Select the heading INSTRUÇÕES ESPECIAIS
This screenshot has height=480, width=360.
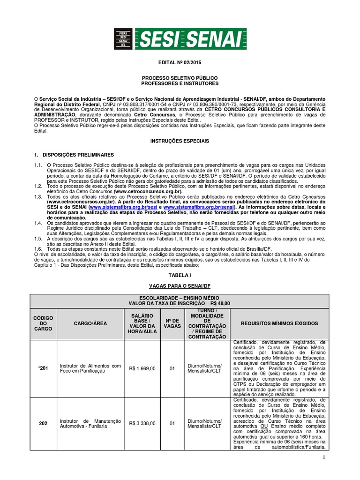pos(180,141)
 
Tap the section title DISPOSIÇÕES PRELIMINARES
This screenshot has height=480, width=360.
pos(77,154)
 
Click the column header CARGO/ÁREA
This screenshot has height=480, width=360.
pos(90,323)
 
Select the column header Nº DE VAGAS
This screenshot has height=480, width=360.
pos(172,323)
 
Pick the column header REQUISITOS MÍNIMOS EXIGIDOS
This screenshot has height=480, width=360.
pos(279,323)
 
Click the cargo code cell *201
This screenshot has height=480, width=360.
pos(43,368)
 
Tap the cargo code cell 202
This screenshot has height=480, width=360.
pos(43,423)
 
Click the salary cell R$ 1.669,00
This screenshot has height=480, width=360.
pos(142,368)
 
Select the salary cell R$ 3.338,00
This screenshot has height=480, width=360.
pos(142,423)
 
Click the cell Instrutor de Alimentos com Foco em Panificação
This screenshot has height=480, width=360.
pos(90,368)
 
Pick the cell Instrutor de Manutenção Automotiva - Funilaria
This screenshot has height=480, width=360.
pos(90,423)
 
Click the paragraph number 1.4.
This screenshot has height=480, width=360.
pos(38,224)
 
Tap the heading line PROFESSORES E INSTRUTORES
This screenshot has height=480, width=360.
pos(180,83)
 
